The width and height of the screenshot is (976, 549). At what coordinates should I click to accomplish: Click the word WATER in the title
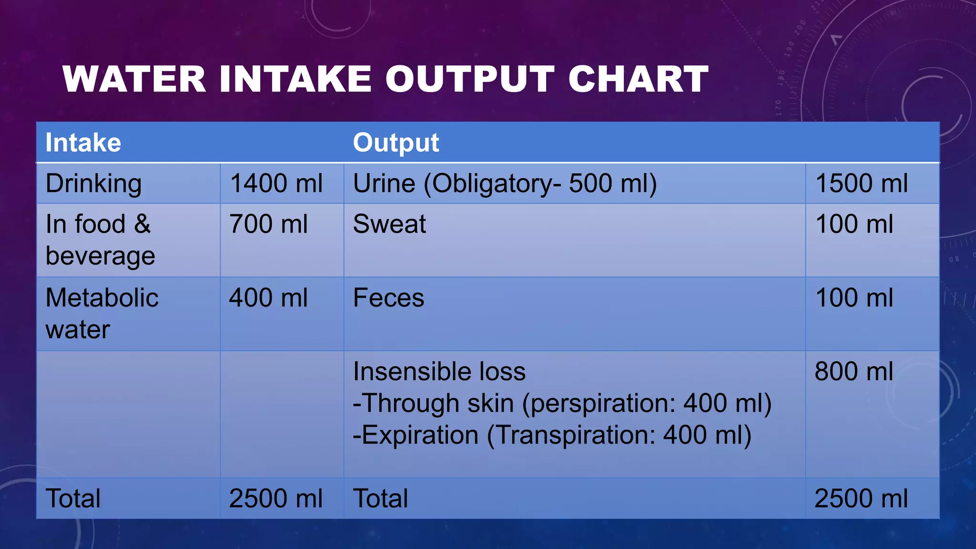tap(134, 79)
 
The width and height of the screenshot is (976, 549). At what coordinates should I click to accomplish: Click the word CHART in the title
tap(638, 79)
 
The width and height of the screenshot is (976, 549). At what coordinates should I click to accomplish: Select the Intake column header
tap(83, 142)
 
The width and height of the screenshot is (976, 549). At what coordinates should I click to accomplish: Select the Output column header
tap(396, 142)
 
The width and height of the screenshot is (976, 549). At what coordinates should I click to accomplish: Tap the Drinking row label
tap(93, 183)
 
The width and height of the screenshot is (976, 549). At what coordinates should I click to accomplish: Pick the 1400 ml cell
tap(276, 183)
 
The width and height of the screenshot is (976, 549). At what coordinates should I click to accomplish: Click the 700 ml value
tap(268, 224)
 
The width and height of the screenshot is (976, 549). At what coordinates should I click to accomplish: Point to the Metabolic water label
tap(102, 313)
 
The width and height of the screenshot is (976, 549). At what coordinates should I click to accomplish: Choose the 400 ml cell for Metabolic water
tap(268, 298)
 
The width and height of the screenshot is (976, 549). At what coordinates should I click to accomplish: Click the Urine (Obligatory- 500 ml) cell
tap(505, 183)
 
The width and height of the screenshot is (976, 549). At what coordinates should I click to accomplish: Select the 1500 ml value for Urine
tap(861, 183)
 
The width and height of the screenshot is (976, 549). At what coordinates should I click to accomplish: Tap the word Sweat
tap(389, 224)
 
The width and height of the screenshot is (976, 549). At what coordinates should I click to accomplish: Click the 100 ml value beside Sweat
tap(854, 224)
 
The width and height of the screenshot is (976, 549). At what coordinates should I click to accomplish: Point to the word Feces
tap(388, 298)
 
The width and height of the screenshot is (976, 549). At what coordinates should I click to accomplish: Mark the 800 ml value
tap(854, 371)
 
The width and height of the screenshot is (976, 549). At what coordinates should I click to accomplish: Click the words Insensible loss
tap(439, 371)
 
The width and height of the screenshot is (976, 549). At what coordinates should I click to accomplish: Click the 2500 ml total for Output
tap(861, 498)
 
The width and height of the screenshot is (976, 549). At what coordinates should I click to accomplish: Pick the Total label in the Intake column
tap(73, 498)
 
